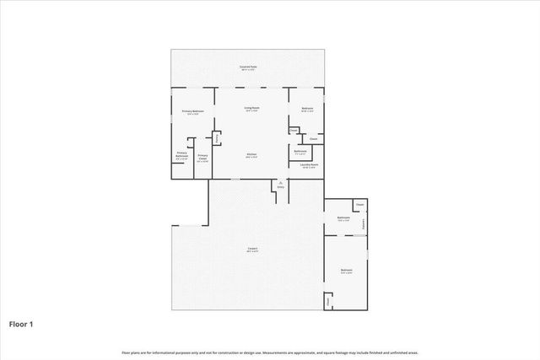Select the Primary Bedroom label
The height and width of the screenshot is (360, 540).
[x=193, y=111]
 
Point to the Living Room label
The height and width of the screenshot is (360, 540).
[x=251, y=108]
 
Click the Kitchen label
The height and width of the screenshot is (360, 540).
[x=251, y=154]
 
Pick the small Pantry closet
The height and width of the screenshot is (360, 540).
[x=217, y=137]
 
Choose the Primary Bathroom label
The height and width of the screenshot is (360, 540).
[x=181, y=155]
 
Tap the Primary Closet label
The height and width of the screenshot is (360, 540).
[x=202, y=157]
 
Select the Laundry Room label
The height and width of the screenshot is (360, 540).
[x=309, y=165]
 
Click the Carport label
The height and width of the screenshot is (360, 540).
[x=251, y=248]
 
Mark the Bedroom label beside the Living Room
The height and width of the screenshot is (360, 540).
[x=307, y=108]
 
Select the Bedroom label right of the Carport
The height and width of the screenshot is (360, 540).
[x=346, y=270]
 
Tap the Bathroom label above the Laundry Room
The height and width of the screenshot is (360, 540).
[x=300, y=152]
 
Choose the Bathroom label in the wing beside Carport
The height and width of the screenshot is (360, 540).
[x=343, y=218]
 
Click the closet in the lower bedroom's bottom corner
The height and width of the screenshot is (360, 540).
[x=328, y=301]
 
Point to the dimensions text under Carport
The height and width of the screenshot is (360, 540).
[x=251, y=252]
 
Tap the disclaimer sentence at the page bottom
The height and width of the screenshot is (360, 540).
[x=269, y=352]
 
